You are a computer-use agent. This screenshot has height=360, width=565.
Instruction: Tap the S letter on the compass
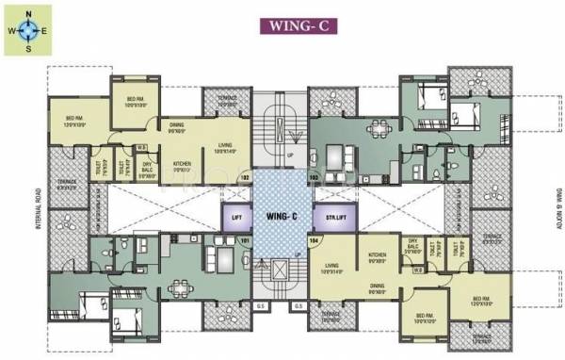pos(28,46)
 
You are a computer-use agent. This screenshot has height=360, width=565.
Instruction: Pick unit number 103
pos(314,176)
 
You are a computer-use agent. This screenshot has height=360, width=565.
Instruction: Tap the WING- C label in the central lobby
pos(281,217)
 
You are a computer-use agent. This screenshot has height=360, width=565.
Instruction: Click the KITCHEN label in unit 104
pos(378,254)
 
